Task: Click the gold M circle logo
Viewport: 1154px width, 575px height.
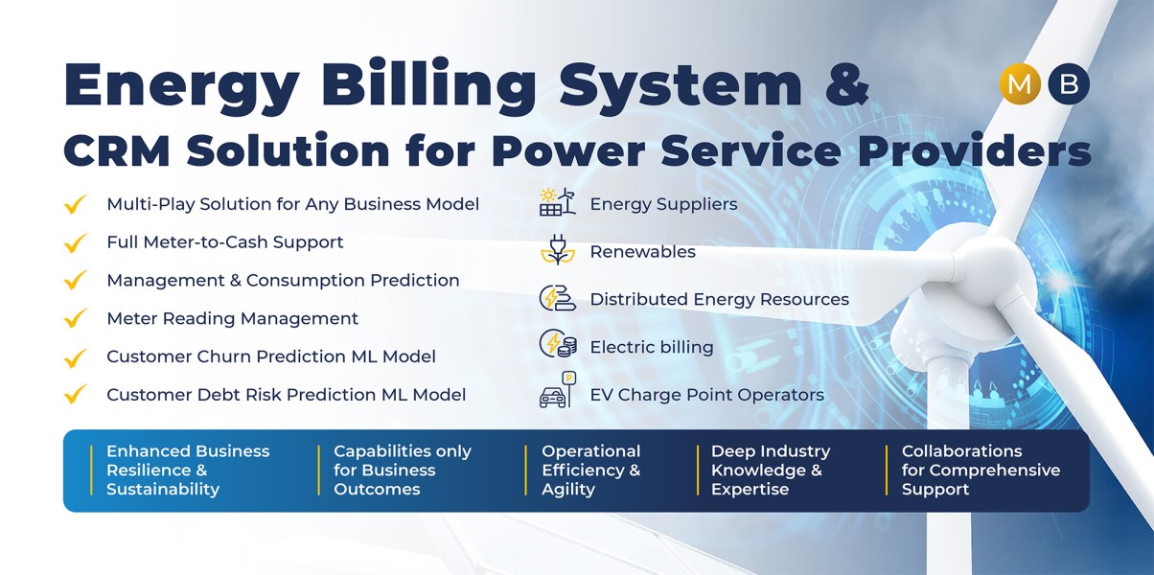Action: (1020, 83)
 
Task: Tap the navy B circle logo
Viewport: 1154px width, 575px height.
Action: (1068, 83)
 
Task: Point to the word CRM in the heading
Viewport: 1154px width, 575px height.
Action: (117, 150)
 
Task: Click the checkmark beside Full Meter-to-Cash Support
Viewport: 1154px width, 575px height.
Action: (75, 242)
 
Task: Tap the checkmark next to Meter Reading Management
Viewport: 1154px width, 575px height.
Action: (75, 318)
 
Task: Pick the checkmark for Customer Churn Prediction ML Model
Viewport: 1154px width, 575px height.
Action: (75, 357)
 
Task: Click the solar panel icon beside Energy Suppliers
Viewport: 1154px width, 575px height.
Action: (558, 202)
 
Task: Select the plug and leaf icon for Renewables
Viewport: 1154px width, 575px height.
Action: (558, 250)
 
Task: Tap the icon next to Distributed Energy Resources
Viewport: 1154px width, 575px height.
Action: (558, 298)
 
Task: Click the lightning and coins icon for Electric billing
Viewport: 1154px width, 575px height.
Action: (558, 344)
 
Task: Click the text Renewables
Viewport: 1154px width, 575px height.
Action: (642, 252)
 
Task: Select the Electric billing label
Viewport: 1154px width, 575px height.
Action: (652, 347)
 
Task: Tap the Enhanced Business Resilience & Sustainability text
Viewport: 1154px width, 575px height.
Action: (188, 470)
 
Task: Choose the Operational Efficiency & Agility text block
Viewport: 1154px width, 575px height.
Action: (591, 470)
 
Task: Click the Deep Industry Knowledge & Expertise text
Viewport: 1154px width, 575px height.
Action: (771, 470)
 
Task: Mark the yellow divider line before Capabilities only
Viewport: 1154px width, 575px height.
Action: (319, 471)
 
